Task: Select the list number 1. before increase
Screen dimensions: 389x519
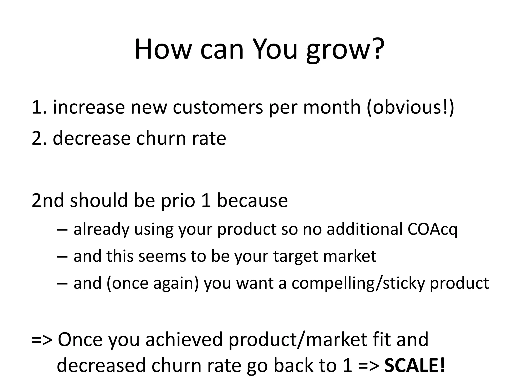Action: click(x=39, y=107)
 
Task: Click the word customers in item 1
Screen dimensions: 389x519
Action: click(x=218, y=107)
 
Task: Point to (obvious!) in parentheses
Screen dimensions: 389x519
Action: click(x=410, y=107)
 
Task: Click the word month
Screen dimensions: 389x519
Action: click(x=332, y=107)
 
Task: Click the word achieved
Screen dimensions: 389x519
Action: click(x=184, y=340)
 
